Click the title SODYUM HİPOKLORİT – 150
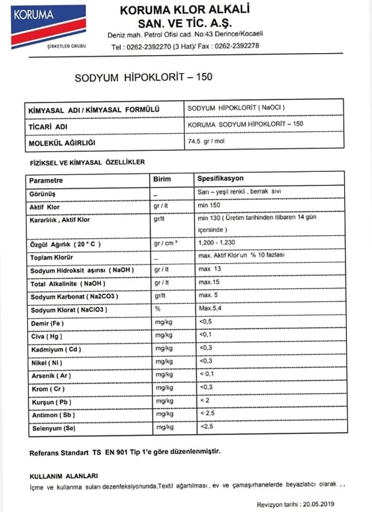[x=143, y=77]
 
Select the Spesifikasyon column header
[x=220, y=178]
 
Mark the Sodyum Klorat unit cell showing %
[x=157, y=309]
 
